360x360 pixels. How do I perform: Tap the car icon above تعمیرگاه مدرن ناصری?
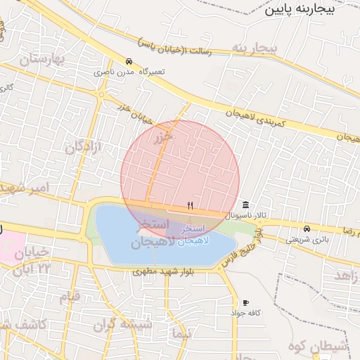point(128,61)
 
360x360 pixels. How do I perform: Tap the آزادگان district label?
point(84,147)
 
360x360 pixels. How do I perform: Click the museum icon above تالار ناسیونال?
point(245,205)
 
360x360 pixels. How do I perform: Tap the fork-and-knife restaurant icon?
point(190,205)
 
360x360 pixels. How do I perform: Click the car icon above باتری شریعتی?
point(307,229)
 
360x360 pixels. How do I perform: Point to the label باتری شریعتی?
point(307,239)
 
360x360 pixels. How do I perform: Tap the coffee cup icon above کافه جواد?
point(245,302)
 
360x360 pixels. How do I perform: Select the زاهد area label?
point(345,275)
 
